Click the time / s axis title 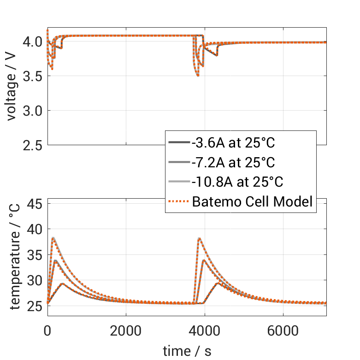tap(187, 351)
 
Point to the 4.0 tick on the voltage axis tap(32, 41)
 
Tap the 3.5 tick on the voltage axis tap(32, 76)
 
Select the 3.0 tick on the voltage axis tap(32, 111)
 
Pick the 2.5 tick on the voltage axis tap(32, 145)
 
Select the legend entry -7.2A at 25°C tap(233, 162)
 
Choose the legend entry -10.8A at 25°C tap(237, 182)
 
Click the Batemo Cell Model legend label tap(253, 201)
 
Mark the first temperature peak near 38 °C tap(53, 238)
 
